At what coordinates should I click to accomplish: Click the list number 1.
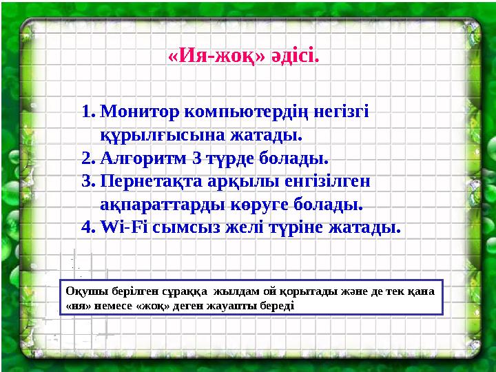coord(86,110)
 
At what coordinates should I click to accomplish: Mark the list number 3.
coord(87,181)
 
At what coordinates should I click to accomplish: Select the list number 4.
coord(87,227)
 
